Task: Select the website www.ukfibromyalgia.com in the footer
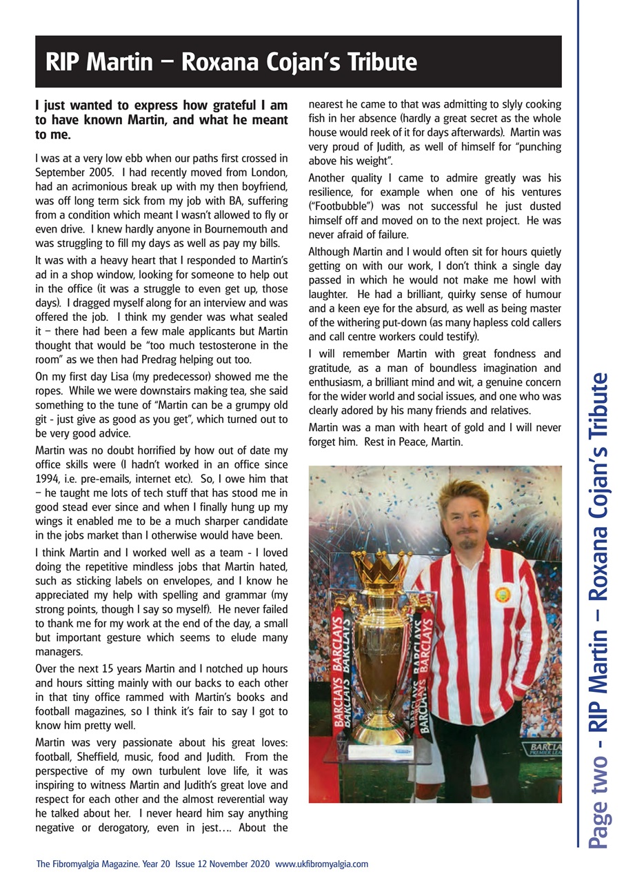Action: coord(321,863)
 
